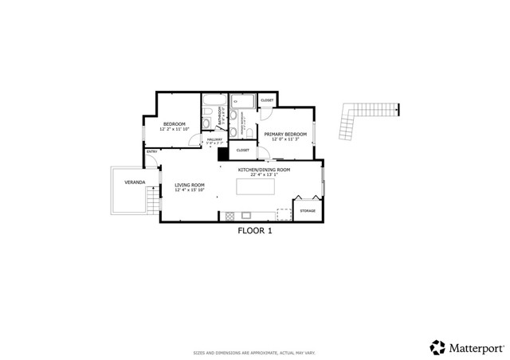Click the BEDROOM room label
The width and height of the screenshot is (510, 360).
[x=175, y=124]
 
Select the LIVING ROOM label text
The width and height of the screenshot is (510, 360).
[x=190, y=185]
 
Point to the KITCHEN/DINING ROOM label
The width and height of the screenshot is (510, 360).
[x=264, y=170]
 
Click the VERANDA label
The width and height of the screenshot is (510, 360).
[x=134, y=182]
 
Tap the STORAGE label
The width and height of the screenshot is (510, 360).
[x=308, y=211]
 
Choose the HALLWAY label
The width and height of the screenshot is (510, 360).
[x=214, y=139]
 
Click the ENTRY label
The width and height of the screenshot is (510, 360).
[x=151, y=152]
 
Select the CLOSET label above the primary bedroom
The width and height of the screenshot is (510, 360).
[x=267, y=100]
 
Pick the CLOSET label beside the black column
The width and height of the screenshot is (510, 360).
[x=243, y=150]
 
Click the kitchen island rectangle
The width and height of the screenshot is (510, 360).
[x=256, y=186]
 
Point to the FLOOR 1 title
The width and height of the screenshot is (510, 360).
[x=255, y=231]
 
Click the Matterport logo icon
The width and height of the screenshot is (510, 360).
[x=437, y=347]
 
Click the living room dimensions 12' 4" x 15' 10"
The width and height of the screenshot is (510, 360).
[x=190, y=190]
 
